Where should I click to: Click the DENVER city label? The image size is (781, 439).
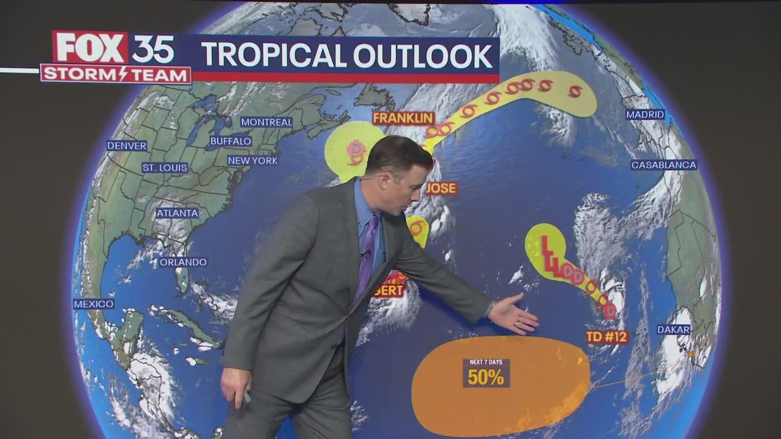127,146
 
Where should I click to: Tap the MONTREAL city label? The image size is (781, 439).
267,122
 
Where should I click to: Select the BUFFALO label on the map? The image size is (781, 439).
231,142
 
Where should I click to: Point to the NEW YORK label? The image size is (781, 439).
252,161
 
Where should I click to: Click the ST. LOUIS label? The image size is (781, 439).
165,168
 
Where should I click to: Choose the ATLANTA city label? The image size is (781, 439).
177,213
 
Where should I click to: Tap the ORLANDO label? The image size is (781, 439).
183,262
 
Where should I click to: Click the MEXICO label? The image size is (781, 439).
94,304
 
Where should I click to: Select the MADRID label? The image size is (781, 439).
645,115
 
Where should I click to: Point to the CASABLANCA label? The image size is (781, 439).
664,165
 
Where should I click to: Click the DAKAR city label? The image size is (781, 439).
674,330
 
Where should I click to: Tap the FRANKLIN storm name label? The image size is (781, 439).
403,118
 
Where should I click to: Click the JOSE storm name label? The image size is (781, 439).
442,188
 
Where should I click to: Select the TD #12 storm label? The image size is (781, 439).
607,337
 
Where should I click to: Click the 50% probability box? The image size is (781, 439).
486,374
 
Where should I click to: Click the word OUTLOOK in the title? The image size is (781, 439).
423,56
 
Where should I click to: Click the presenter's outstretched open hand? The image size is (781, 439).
514,314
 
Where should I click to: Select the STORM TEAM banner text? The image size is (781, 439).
116,75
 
